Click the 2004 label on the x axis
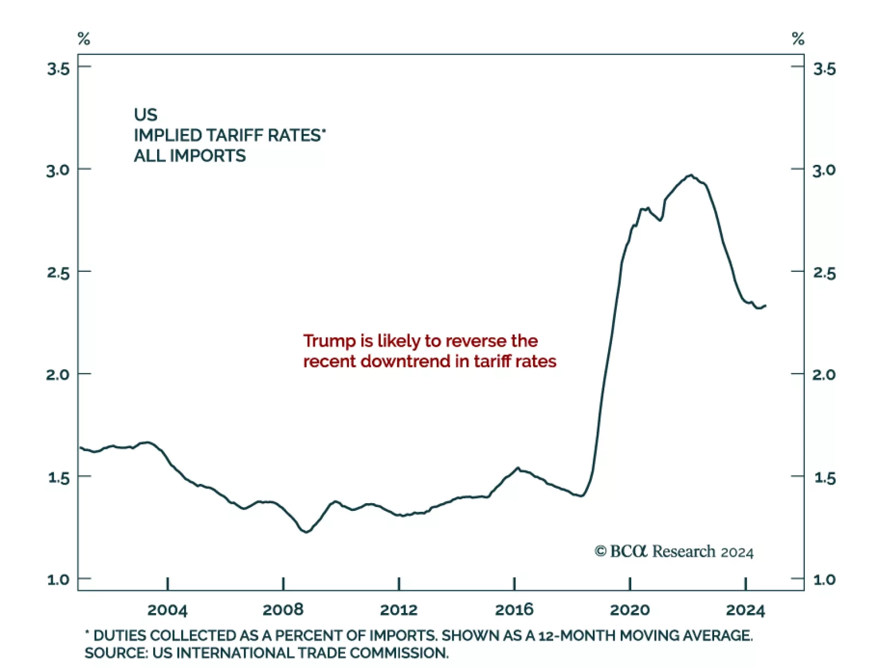(x=167, y=610)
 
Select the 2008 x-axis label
(x=283, y=610)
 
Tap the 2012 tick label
(x=399, y=610)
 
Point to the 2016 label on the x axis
(x=514, y=610)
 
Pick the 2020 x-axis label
(x=630, y=610)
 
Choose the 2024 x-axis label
(x=746, y=610)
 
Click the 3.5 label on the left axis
(x=59, y=69)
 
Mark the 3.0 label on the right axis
(x=824, y=170)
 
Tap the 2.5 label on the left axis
(x=59, y=272)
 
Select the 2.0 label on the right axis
(x=824, y=375)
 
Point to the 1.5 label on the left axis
(x=59, y=478)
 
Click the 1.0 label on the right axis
(x=824, y=580)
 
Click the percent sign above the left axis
(x=84, y=39)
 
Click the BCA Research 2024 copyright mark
(x=674, y=552)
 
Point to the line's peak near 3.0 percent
(x=691, y=175)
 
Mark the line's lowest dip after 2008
(x=306, y=532)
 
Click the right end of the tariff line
(x=765, y=305)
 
